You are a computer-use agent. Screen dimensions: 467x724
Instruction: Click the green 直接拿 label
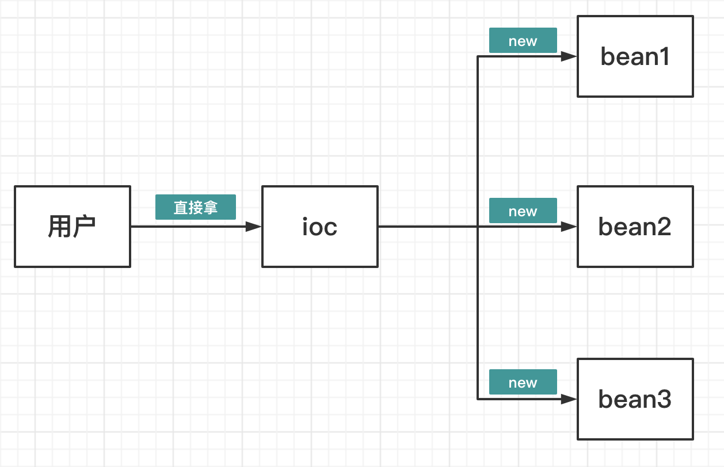[196, 207]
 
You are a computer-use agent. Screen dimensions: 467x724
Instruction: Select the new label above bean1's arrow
[523, 41]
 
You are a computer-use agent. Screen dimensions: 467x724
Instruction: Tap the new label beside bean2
[523, 211]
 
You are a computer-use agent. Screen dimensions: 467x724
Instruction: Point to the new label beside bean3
[523, 382]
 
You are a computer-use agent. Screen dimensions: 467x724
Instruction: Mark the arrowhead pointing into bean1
[569, 56]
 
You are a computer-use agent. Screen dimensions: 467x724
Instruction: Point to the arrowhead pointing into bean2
[569, 227]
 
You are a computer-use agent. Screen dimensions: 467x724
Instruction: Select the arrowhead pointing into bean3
[569, 399]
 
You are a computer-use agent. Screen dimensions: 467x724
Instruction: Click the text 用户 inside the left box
[72, 227]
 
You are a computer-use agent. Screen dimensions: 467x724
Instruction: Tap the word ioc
[320, 227]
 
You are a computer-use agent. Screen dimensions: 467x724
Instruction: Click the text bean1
[635, 56]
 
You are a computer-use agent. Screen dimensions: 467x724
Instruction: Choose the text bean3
[635, 399]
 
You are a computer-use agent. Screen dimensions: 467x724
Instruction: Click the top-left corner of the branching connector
[478, 56]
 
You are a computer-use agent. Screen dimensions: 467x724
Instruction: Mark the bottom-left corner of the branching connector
[478, 399]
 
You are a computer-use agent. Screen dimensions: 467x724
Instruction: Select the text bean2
[635, 227]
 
